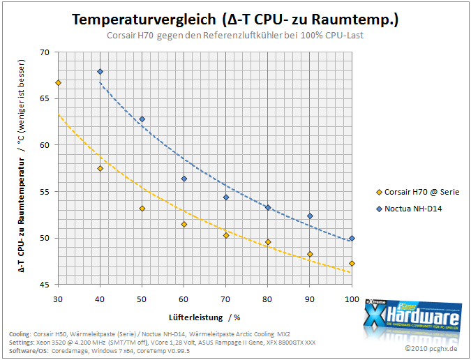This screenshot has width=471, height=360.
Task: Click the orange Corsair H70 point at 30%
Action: (x=59, y=83)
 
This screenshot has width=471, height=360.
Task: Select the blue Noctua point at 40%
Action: (x=100, y=72)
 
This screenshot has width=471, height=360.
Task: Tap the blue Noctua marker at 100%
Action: (x=352, y=239)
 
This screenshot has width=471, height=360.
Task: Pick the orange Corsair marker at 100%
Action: (x=352, y=264)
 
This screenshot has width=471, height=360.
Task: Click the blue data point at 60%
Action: (x=184, y=179)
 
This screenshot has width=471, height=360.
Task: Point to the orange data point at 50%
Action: (x=142, y=209)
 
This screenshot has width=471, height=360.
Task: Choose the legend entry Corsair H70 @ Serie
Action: (x=418, y=192)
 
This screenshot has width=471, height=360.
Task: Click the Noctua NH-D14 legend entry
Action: (x=409, y=209)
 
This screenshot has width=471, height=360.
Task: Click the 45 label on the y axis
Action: (x=44, y=285)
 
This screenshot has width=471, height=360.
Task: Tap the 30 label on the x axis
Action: (x=58, y=299)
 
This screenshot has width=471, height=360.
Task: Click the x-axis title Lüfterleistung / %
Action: (x=204, y=317)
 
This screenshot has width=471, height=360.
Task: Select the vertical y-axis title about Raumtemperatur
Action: (x=22, y=166)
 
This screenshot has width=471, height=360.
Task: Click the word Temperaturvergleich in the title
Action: (x=144, y=20)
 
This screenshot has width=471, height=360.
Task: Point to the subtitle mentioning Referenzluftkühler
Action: (x=235, y=36)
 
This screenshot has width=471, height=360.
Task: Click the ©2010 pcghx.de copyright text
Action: (x=431, y=349)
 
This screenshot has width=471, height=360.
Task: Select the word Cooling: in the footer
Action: (x=20, y=334)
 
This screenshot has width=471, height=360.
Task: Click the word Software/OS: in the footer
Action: (x=29, y=351)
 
